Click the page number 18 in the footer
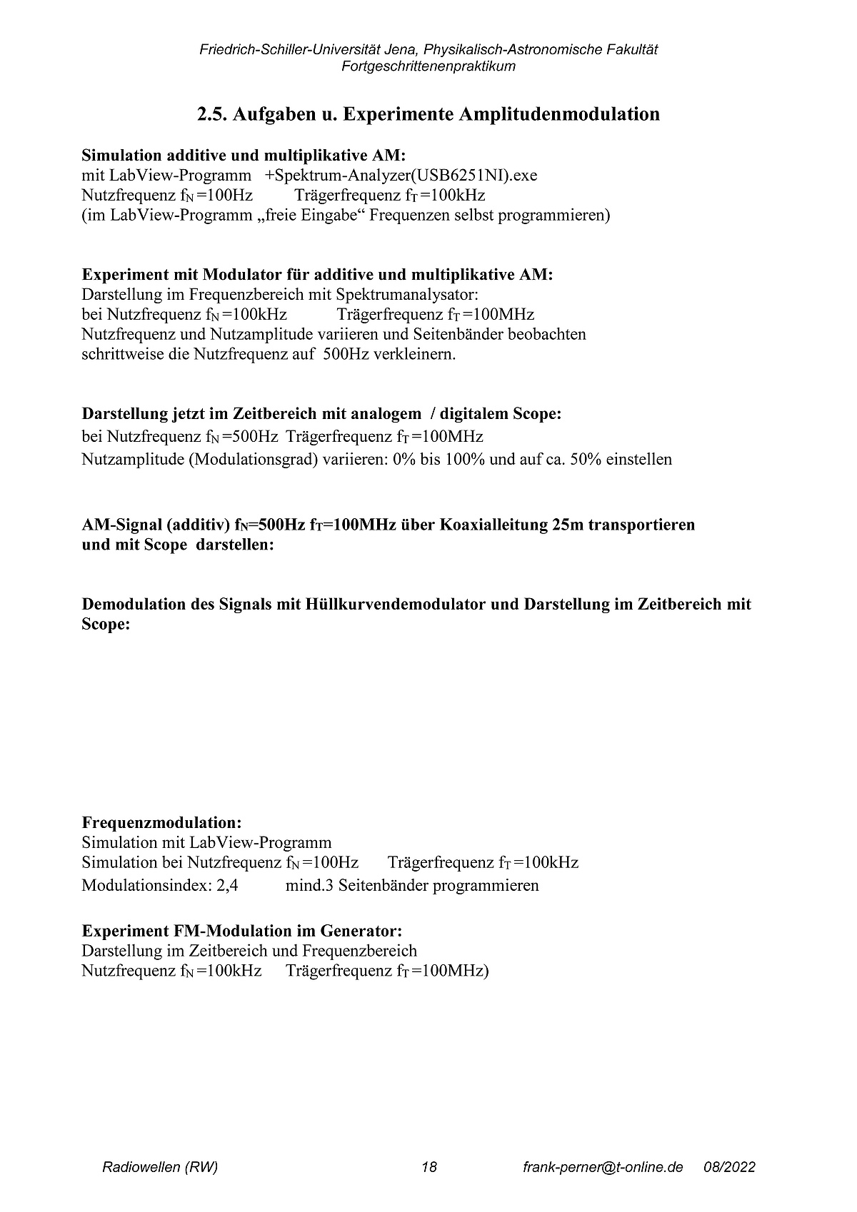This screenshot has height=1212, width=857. [428, 1168]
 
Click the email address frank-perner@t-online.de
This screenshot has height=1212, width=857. [603, 1168]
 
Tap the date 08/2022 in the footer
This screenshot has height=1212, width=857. [729, 1168]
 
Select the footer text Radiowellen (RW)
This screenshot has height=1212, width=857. [160, 1168]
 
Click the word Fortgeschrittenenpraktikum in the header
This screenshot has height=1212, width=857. [428, 66]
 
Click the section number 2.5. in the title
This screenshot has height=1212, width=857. [212, 114]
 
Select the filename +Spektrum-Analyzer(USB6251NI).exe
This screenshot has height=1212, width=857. [401, 176]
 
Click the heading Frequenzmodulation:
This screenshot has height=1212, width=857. [161, 822]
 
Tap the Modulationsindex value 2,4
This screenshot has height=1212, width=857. [226, 886]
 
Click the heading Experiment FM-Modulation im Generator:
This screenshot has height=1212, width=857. [242, 931]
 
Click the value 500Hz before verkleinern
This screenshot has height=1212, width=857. [346, 354]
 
